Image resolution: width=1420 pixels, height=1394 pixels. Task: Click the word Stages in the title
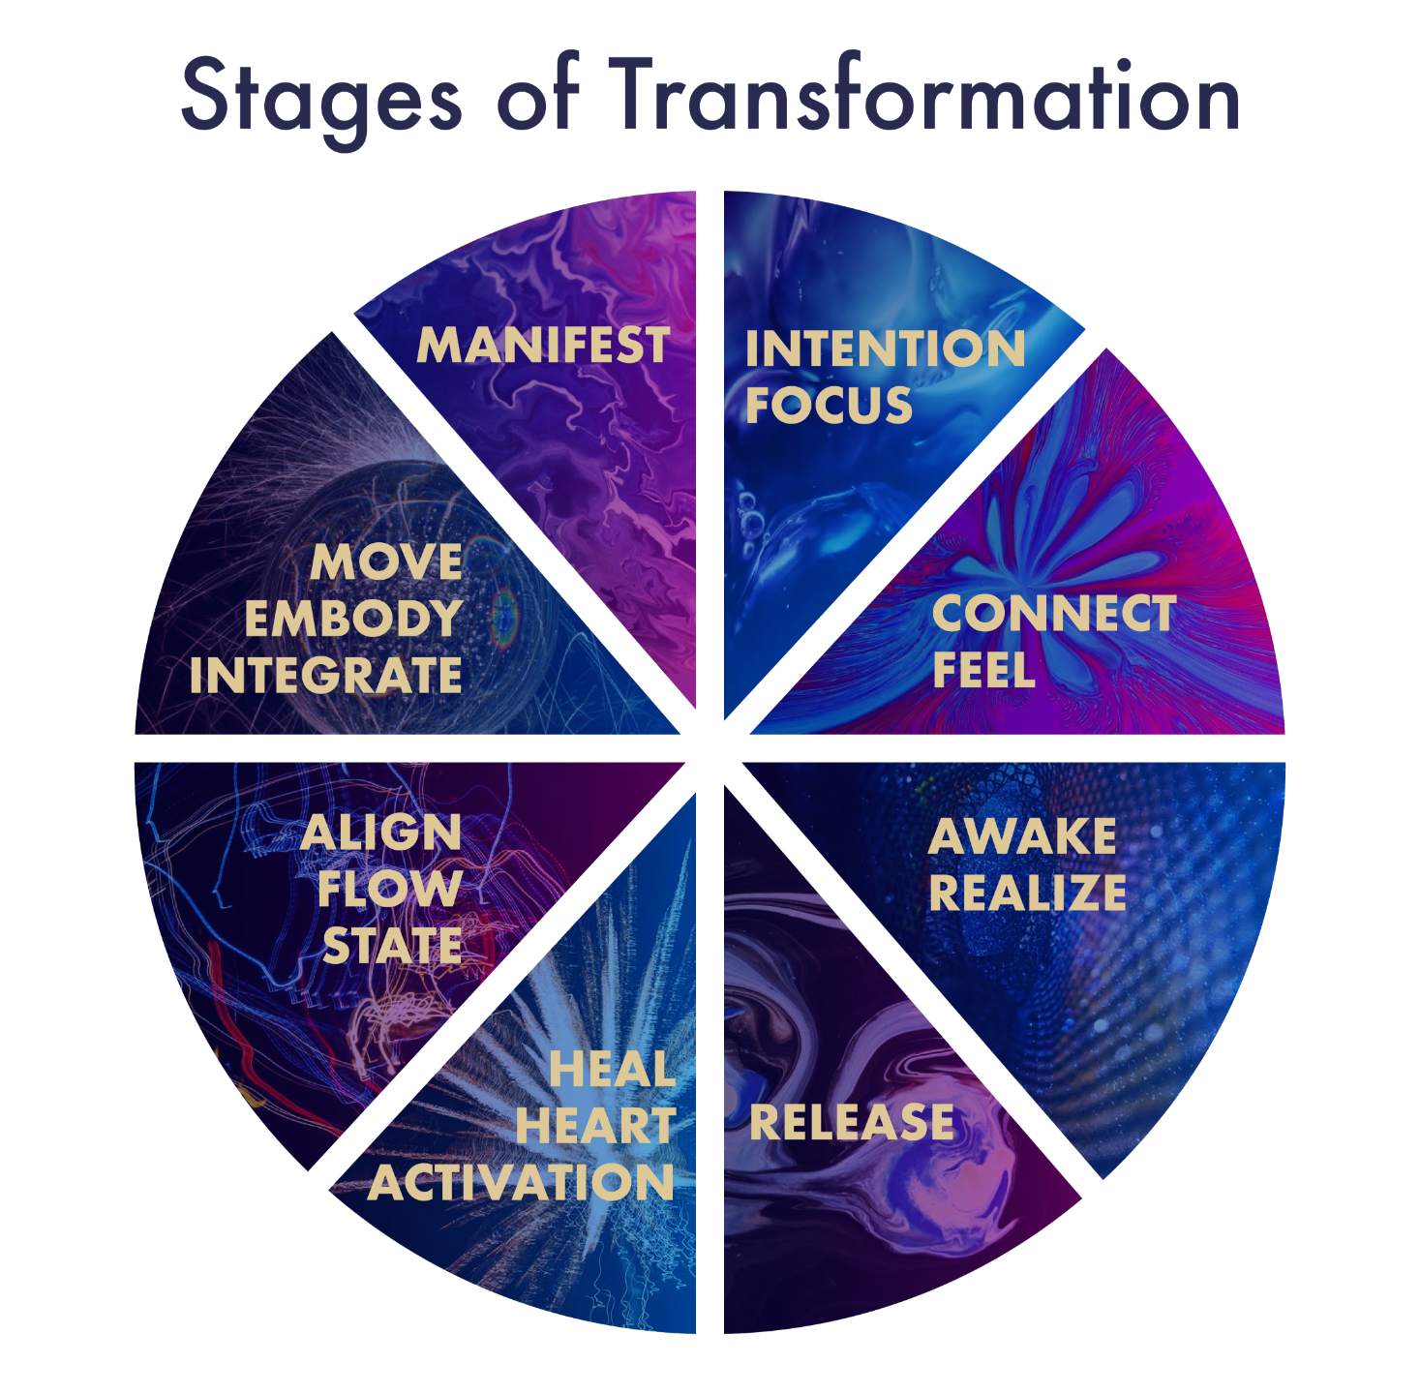click(321, 101)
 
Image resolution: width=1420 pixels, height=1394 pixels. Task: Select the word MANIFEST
click(543, 345)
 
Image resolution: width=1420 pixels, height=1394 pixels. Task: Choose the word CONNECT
click(1054, 614)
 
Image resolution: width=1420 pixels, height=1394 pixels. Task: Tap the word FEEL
click(983, 670)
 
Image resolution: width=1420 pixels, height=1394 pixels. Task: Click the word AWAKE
click(1023, 836)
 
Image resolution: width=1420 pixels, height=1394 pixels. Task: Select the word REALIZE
click(1028, 893)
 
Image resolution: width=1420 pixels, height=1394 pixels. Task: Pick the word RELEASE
click(851, 1122)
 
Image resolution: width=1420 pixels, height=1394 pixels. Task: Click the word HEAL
click(613, 1069)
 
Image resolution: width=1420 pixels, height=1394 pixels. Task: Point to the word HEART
click(595, 1126)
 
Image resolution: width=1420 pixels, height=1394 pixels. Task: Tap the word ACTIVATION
click(520, 1182)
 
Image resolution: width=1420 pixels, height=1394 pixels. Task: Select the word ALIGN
click(381, 833)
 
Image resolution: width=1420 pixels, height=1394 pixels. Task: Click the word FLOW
click(390, 889)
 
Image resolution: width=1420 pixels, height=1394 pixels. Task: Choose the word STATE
click(393, 946)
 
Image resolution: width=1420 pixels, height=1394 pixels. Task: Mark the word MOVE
click(386, 562)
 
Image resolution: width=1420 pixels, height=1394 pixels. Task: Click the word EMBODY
click(353, 619)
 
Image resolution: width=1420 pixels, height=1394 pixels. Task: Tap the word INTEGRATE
click(325, 675)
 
